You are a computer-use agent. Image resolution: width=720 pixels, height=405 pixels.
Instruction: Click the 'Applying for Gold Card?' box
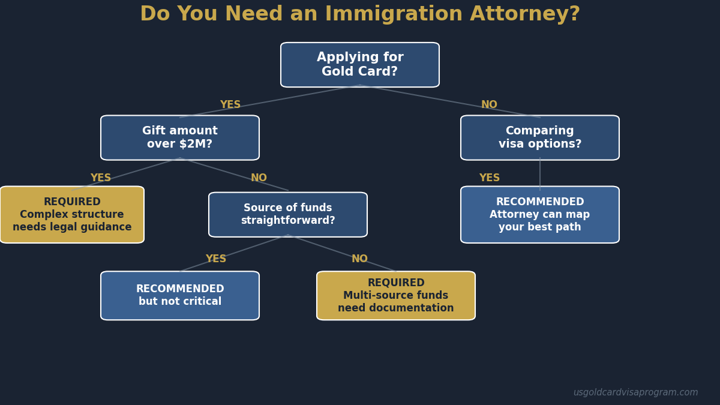[x=360, y=65]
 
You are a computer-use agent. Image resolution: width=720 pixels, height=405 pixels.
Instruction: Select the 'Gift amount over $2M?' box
[x=180, y=137]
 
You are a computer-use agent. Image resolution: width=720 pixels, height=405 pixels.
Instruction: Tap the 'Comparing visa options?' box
[x=540, y=137]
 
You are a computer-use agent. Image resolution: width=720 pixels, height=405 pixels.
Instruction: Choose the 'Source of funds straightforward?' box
[x=288, y=214]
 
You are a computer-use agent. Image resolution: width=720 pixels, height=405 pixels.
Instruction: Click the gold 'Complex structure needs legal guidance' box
[x=72, y=214]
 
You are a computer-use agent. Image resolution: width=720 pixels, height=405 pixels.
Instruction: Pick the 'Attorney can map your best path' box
[x=540, y=214]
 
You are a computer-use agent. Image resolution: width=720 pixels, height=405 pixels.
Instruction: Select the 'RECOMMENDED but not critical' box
[x=180, y=295]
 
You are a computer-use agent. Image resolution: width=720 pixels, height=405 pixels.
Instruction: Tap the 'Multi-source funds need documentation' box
[x=396, y=295]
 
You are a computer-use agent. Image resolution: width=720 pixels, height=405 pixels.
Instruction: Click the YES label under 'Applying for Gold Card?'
[x=230, y=105]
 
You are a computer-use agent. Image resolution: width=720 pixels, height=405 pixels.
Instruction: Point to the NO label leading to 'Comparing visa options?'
[x=489, y=105]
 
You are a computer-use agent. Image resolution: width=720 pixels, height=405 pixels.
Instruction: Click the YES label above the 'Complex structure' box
[x=101, y=178]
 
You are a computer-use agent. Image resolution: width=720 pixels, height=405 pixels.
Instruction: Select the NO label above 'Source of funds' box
[x=259, y=178]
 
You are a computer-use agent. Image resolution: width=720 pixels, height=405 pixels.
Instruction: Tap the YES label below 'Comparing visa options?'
[x=490, y=178]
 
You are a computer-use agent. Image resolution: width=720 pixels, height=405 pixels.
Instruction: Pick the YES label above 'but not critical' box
[x=216, y=259]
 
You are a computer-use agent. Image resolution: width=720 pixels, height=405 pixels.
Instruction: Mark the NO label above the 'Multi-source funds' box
[x=359, y=259]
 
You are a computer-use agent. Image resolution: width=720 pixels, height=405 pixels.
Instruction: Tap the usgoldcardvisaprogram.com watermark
[x=635, y=392]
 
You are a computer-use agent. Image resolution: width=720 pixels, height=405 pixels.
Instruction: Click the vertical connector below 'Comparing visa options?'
[x=540, y=173]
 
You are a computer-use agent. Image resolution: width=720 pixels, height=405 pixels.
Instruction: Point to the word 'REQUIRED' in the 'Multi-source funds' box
[x=396, y=283]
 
